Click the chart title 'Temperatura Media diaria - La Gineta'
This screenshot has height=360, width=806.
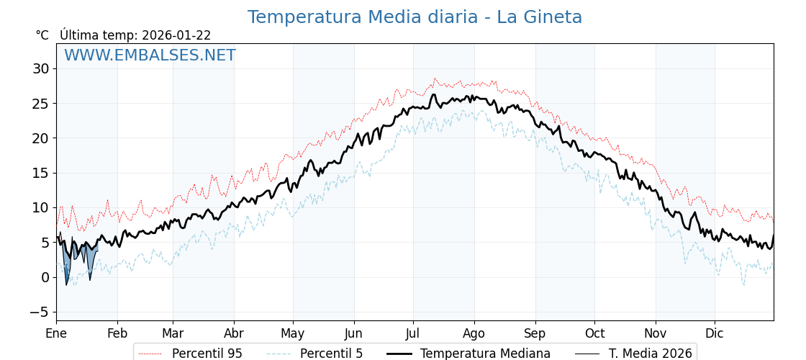[x=415, y=17]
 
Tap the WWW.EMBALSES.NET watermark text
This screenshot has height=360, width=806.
[x=150, y=55]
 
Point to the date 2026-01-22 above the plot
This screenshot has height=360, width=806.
[x=176, y=35]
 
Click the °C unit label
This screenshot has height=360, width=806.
[x=42, y=35]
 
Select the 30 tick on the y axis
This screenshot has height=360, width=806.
[x=40, y=69]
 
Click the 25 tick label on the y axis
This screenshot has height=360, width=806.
[x=40, y=104]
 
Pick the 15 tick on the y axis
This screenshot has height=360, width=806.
[x=40, y=173]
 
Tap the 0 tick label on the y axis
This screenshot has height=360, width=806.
[x=45, y=277]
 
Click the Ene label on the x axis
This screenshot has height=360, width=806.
[x=56, y=333]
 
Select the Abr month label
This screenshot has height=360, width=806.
[x=234, y=333]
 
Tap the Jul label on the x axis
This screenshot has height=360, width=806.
[x=413, y=333]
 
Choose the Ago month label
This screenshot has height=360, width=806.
[x=474, y=333]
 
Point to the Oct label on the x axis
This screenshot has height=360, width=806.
[x=594, y=333]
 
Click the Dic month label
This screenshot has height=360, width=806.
[x=715, y=333]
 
